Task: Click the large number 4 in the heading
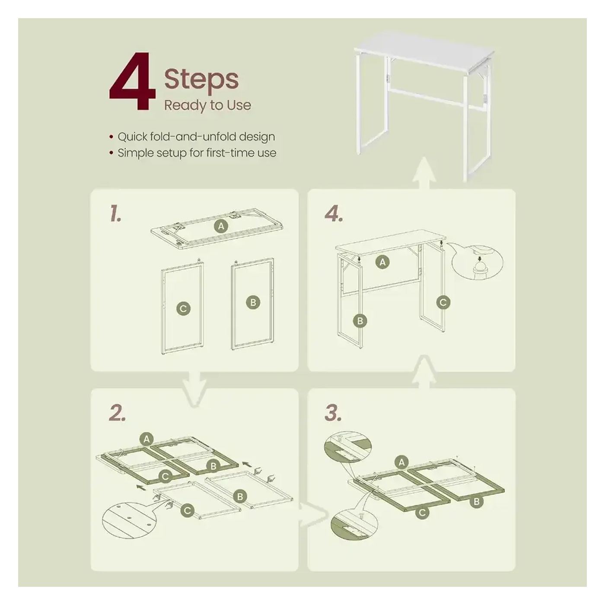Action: [x=132, y=82]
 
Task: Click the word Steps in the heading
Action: [x=201, y=80]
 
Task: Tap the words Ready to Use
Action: [x=207, y=105]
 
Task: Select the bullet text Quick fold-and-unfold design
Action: [x=196, y=137]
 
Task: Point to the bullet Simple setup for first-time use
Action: [x=197, y=153]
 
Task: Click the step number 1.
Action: [x=115, y=213]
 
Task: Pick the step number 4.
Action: [x=334, y=214]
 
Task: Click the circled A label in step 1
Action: [x=221, y=226]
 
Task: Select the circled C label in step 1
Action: [x=183, y=309]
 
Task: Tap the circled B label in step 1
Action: [x=253, y=302]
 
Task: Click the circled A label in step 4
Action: [x=382, y=262]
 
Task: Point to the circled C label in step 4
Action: [x=443, y=302]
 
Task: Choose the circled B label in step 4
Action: [x=360, y=321]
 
